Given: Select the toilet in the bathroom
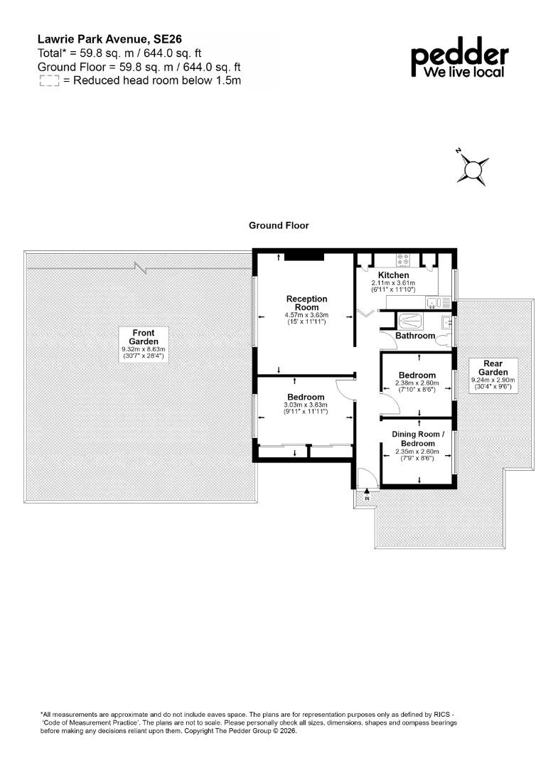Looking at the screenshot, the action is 444,341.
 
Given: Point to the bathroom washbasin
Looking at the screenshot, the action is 446,322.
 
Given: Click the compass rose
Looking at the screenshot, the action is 473,169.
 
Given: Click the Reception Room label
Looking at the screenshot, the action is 307,303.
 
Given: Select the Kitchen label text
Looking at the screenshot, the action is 394,274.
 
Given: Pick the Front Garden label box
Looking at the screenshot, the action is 144,345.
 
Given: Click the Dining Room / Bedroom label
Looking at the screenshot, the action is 418,438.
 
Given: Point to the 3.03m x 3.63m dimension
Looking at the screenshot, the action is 306,405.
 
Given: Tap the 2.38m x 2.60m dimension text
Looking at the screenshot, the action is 417,383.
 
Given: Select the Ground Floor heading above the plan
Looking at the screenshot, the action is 279,225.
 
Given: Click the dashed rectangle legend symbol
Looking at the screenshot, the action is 49,81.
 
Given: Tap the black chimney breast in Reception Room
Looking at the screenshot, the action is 304,256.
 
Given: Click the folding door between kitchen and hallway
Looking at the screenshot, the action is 366,312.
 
